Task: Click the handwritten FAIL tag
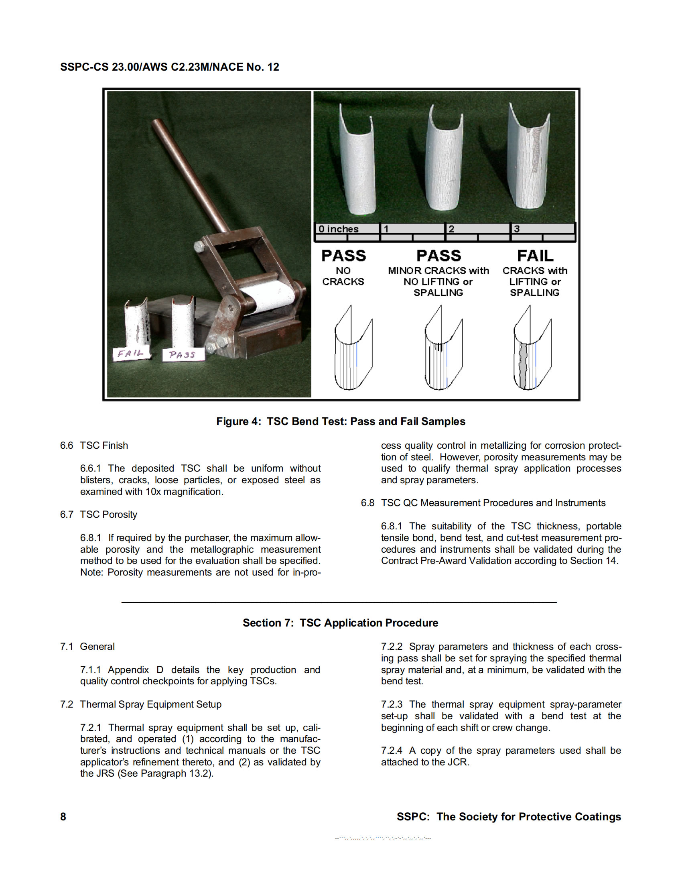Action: (130, 354)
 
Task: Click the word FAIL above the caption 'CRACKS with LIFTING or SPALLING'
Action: (535, 256)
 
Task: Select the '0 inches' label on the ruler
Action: (338, 229)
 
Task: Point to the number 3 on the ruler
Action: (516, 229)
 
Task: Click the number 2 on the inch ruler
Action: (451, 229)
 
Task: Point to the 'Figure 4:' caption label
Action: (238, 421)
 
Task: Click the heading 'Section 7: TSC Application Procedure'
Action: (340, 623)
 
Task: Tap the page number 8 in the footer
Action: (63, 816)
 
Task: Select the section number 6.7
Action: (67, 514)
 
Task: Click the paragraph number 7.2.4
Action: (391, 751)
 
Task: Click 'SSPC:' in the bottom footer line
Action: (413, 816)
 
